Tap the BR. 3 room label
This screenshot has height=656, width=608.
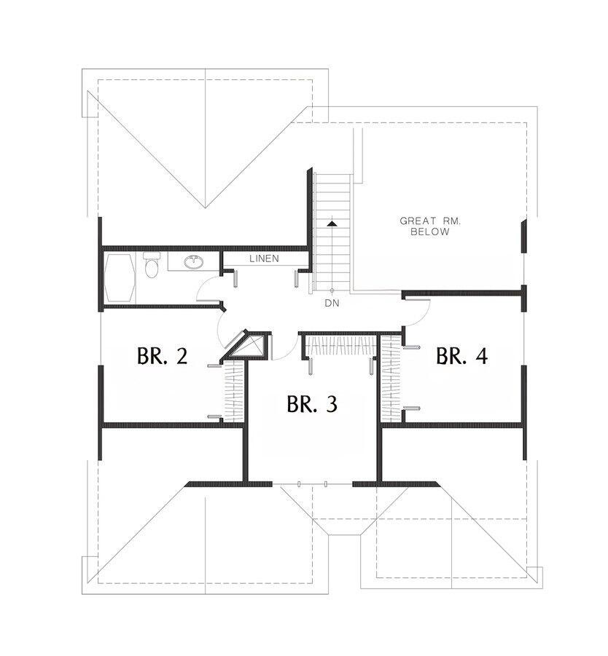click(x=311, y=403)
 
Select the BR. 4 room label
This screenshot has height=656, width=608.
click(x=461, y=356)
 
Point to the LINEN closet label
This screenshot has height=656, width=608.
click(x=263, y=258)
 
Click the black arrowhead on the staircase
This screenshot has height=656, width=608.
click(x=332, y=224)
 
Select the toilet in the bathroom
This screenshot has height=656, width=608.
click(x=151, y=266)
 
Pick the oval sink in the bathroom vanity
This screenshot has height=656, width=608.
click(x=193, y=262)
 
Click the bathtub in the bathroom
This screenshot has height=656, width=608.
click(x=119, y=277)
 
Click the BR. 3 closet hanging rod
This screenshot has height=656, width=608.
click(x=339, y=345)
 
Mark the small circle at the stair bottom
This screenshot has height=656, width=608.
click(x=332, y=290)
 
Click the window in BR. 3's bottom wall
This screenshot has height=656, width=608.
click(x=312, y=483)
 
